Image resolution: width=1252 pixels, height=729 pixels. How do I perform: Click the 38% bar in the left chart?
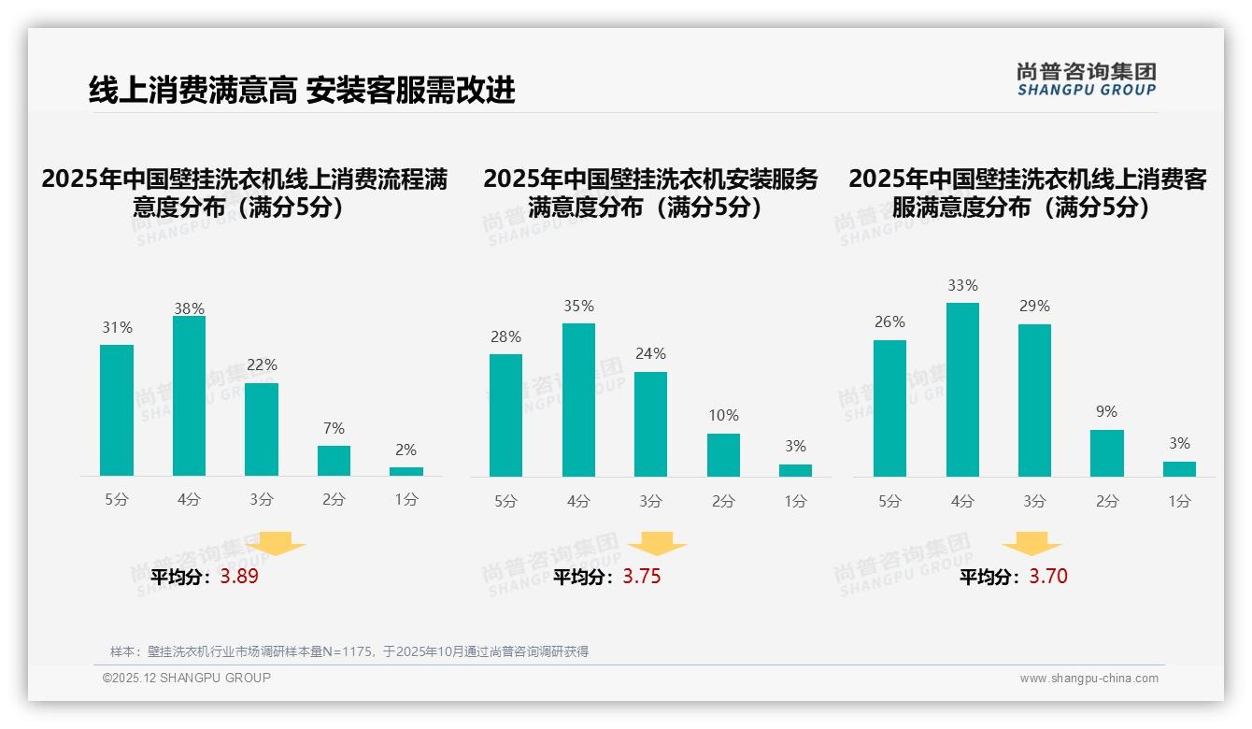coord(189,396)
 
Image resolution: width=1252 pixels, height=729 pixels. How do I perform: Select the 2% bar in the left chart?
coord(406,471)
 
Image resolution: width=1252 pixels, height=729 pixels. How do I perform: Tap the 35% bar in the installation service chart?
coord(578,400)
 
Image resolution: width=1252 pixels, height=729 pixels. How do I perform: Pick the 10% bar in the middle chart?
coord(723,455)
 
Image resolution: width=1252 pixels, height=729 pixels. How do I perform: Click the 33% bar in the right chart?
coord(962,390)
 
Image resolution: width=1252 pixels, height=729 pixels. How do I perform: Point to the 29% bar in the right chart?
coord(1034,400)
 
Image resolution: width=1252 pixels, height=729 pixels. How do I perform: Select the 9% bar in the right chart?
coord(1107,453)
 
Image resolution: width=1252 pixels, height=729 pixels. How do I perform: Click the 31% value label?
coord(117,327)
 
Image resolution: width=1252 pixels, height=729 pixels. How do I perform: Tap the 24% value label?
coord(650,353)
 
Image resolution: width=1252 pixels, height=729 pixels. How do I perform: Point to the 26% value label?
coord(889,322)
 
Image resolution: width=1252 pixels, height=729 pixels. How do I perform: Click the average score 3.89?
coord(239,577)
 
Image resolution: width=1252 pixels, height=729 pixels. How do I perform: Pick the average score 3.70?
coord(1047,577)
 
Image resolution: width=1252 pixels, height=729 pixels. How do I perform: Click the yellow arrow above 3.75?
coord(658,543)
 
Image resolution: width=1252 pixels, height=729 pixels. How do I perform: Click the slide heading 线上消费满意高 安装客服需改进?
coord(302,90)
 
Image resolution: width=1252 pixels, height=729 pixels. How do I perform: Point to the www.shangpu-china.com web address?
coord(1088,679)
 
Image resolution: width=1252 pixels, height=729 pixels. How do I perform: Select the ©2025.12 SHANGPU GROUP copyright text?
coord(187,678)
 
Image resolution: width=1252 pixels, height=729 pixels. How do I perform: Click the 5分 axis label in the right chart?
coord(889,501)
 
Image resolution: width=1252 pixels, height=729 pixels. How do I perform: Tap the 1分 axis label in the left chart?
coord(406,499)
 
